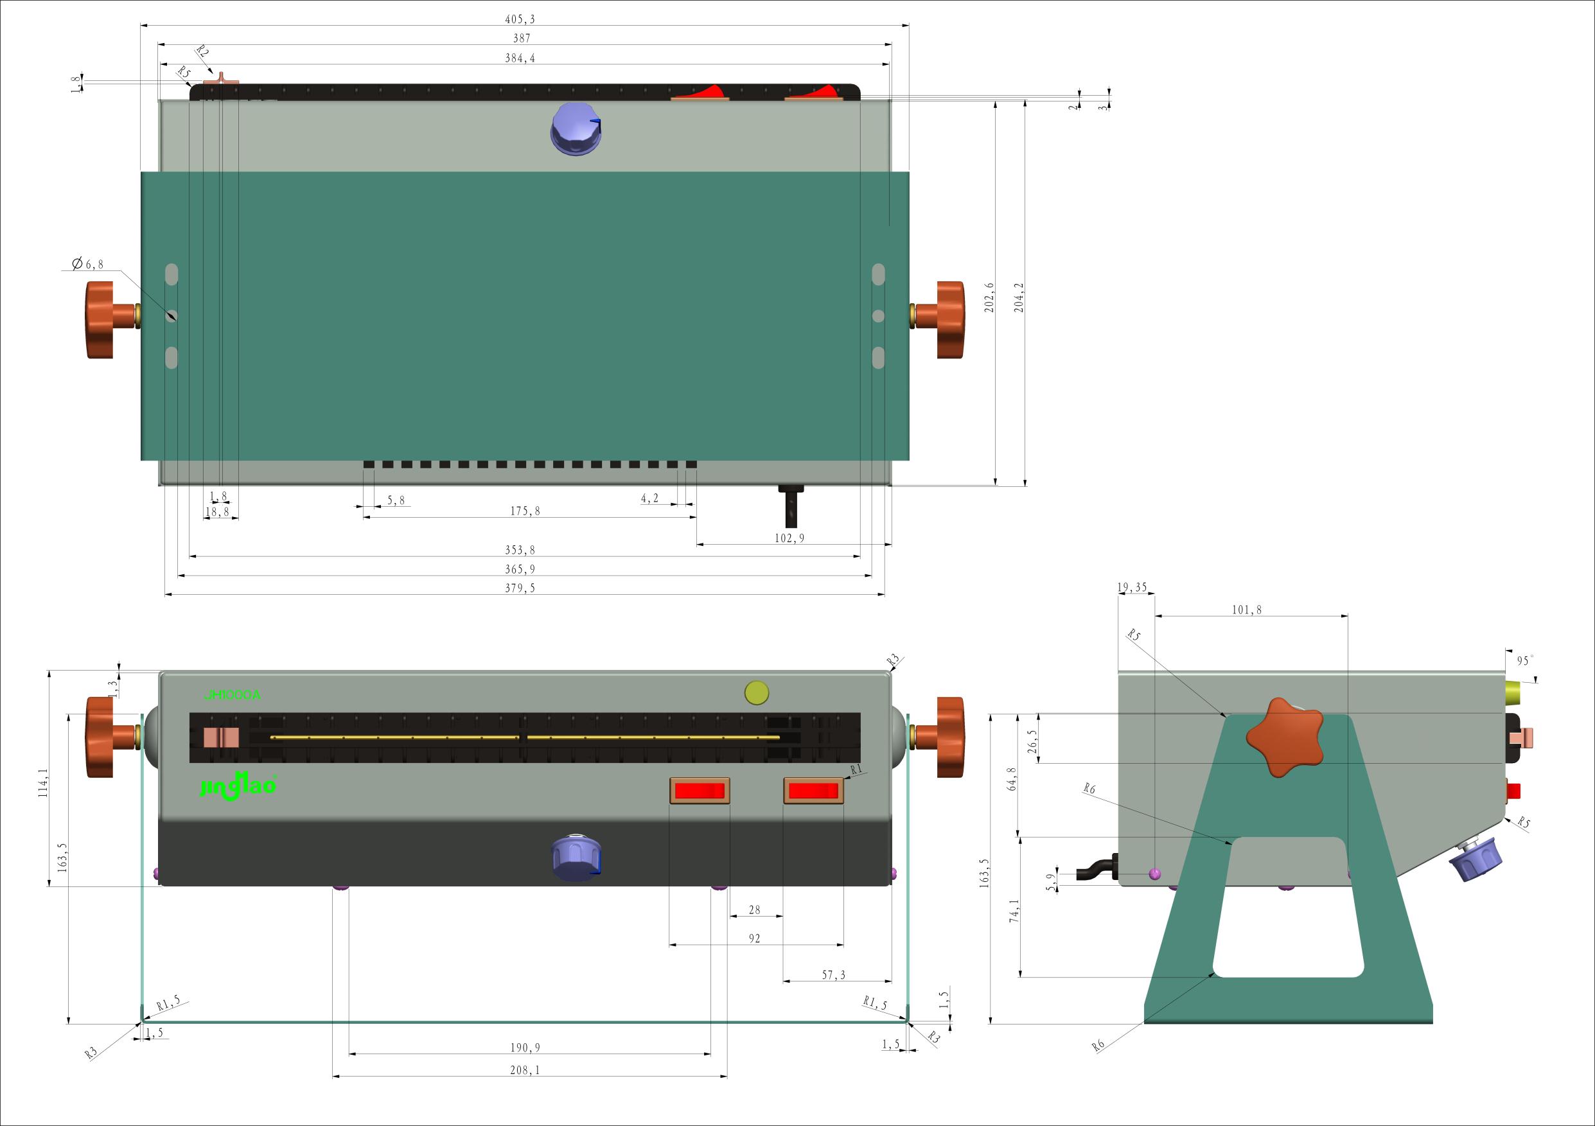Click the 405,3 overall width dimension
coord(521,19)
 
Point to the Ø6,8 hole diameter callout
coord(87,264)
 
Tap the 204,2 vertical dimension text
coord(1018,297)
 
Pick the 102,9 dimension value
coord(789,538)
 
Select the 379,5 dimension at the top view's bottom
coord(520,588)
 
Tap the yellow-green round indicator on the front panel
coord(757,692)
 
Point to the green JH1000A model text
coord(232,694)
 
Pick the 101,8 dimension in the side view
coord(1246,610)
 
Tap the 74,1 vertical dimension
coord(1014,910)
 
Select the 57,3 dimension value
coord(834,975)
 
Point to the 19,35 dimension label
coord(1132,588)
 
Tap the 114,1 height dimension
coord(44,783)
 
